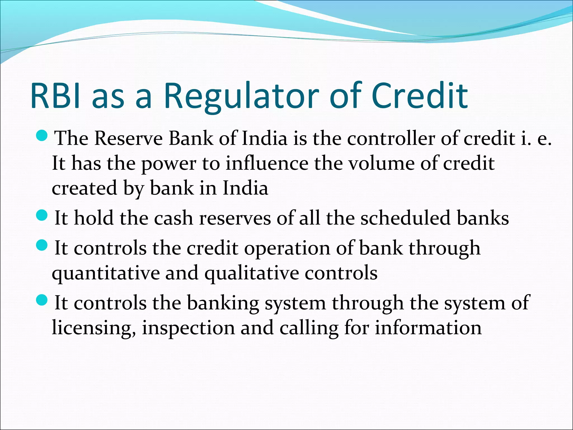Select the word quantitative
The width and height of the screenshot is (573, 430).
click(x=106, y=273)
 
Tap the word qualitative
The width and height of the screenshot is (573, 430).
click(x=252, y=273)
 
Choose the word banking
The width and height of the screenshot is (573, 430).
click(x=223, y=303)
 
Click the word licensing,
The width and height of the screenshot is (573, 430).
click(x=94, y=328)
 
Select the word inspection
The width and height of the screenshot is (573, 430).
click(x=188, y=328)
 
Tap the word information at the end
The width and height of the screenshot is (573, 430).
click(x=428, y=328)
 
